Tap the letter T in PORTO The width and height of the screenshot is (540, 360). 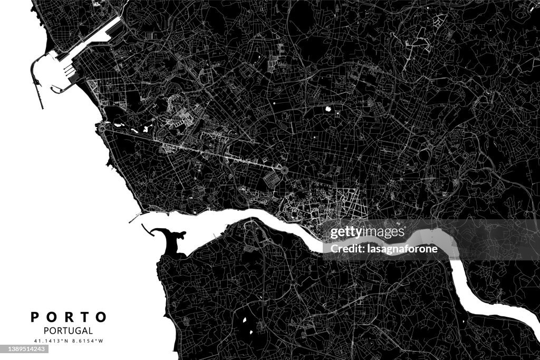point(85,317)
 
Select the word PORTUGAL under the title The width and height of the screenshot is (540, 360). point(69,331)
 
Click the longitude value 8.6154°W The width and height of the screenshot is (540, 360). point(88,341)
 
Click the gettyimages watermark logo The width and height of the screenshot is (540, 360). point(367,232)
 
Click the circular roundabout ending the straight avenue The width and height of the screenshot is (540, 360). point(283,170)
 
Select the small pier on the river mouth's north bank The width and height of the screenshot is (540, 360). point(136,216)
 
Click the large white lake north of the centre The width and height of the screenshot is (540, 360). point(329,110)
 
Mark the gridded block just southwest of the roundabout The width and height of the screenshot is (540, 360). point(273,179)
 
